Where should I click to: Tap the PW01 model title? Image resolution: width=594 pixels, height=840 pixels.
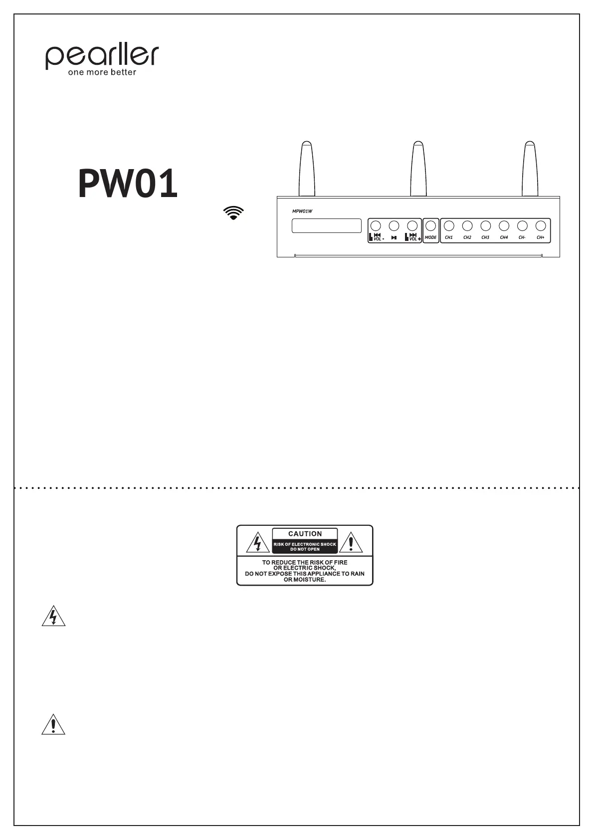pyautogui.click(x=128, y=184)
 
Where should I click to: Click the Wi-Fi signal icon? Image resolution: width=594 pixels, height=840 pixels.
pyautogui.click(x=233, y=212)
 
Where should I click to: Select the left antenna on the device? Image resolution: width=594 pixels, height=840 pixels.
pyautogui.click(x=306, y=170)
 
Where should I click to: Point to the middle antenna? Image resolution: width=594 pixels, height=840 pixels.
pyautogui.click(x=418, y=170)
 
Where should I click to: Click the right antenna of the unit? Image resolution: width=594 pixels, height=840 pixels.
pyautogui.click(x=530, y=170)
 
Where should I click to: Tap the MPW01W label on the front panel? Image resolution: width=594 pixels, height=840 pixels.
pyautogui.click(x=302, y=211)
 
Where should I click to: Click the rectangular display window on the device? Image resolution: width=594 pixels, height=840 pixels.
pyautogui.click(x=326, y=225)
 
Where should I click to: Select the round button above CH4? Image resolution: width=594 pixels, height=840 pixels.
pyautogui.click(x=504, y=225)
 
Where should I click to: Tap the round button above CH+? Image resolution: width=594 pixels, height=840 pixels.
pyautogui.click(x=541, y=225)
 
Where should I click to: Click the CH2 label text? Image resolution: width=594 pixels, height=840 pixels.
pyautogui.click(x=467, y=237)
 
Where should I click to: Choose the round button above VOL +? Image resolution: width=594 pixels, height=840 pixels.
pyautogui.click(x=412, y=225)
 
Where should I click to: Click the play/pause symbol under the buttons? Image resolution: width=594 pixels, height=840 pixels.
pyautogui.click(x=394, y=238)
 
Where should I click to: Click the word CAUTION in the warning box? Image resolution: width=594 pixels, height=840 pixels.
pyautogui.click(x=305, y=534)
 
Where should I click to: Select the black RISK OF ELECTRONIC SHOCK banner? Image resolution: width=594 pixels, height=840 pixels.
pyautogui.click(x=305, y=547)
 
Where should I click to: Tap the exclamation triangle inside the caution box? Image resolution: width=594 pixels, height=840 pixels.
pyautogui.click(x=352, y=543)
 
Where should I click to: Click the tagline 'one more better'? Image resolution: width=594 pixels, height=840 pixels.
pyautogui.click(x=102, y=72)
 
